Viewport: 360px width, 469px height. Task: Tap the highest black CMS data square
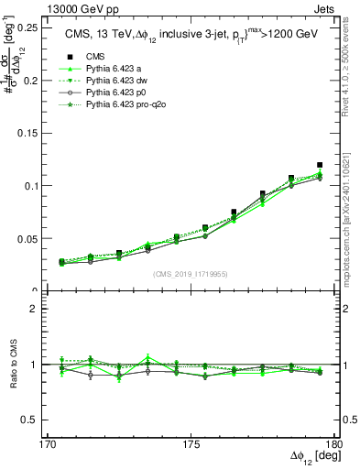pos(320,165)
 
